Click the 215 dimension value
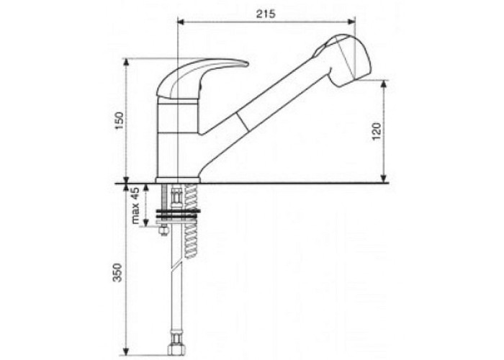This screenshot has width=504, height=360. pyautogui.click(x=266, y=14)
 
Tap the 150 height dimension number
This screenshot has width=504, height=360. pyautogui.click(x=120, y=120)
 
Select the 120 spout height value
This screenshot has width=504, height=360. pyautogui.click(x=377, y=131)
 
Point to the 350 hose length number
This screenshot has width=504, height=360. pyautogui.click(x=118, y=273)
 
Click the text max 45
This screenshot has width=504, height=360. pyautogui.click(x=135, y=205)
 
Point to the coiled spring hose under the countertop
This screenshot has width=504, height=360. pyautogui.click(x=191, y=222)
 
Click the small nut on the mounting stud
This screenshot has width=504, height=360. pyautogui.click(x=163, y=231)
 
